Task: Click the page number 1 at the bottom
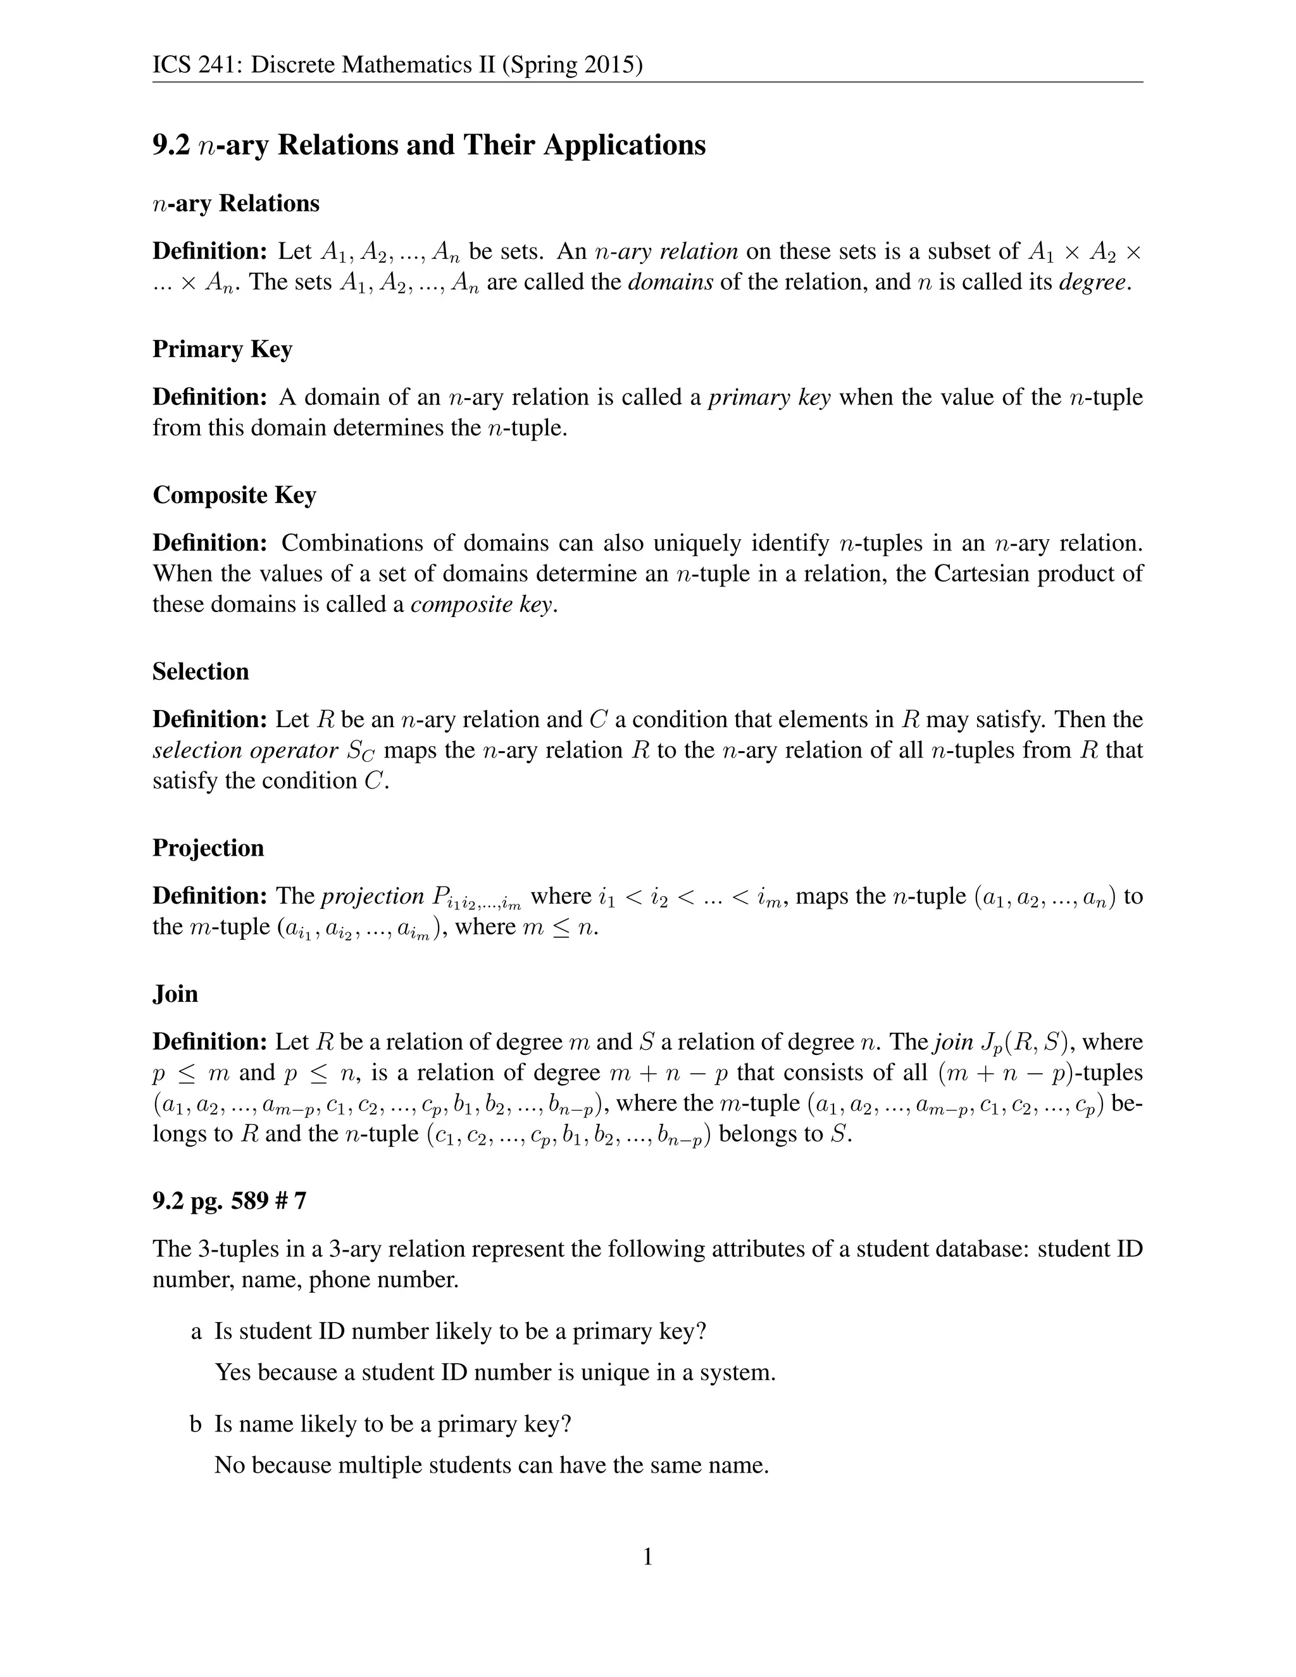tap(647, 1557)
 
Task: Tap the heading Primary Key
tap(222, 349)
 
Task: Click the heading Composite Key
tap(234, 496)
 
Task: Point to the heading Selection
tap(201, 672)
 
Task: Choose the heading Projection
tap(208, 848)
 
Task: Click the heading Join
tap(175, 994)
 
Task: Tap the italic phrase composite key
tap(481, 605)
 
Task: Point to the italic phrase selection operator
tap(245, 750)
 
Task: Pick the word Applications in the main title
tap(624, 145)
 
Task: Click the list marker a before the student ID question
tap(197, 1331)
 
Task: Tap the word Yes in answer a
tap(233, 1372)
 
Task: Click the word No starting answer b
tap(230, 1465)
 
